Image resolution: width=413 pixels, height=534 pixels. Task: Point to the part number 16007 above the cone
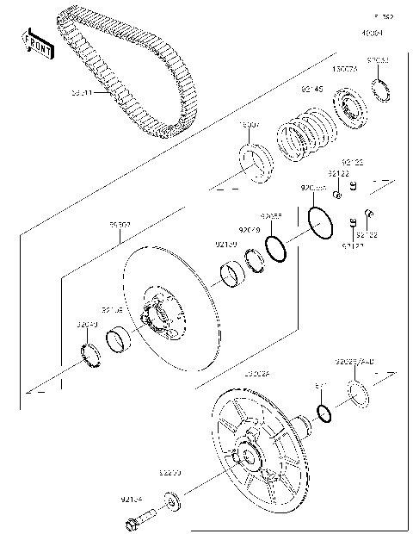click(249, 125)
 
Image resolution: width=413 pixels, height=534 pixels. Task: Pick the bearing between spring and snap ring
click(351, 110)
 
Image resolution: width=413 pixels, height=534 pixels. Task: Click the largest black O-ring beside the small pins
click(320, 224)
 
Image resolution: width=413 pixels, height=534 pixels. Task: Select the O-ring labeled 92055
click(277, 248)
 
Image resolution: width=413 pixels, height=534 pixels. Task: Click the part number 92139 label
click(225, 245)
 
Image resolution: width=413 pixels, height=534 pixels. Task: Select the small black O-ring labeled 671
click(324, 413)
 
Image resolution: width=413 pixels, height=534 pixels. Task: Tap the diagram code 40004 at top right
click(372, 33)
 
